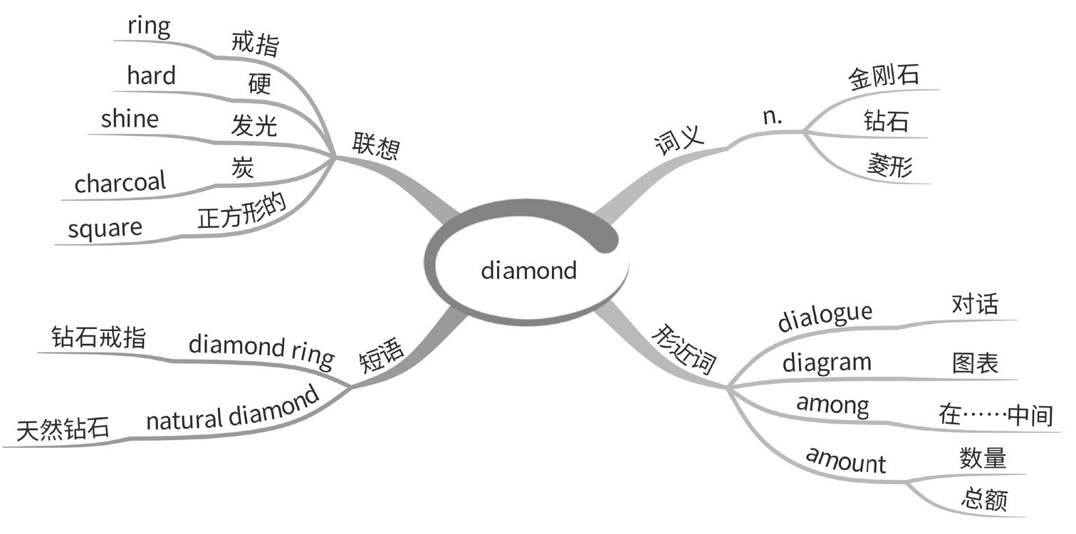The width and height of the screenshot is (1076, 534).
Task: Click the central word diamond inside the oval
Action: [x=528, y=271]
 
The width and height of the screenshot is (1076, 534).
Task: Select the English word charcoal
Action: [x=120, y=183]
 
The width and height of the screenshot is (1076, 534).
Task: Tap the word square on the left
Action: [x=105, y=229]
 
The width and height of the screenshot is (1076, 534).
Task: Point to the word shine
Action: [x=130, y=119]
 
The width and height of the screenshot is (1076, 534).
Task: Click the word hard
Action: [x=151, y=76]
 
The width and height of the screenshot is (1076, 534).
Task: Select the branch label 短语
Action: [x=382, y=357]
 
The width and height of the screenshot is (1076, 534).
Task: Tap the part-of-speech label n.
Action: [x=772, y=117]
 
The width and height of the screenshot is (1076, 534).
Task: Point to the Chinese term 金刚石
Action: [x=883, y=76]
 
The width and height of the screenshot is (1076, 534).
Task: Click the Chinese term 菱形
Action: [x=889, y=166]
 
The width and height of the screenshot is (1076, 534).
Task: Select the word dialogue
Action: [x=825, y=318]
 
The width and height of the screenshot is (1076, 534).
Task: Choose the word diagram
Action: [x=827, y=362]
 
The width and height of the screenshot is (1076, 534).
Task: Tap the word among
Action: [x=832, y=406]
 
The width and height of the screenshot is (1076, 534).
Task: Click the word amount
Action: [x=845, y=461]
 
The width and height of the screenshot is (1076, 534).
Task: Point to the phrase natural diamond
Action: [x=232, y=411]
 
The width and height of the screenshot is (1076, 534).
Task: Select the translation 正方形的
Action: [x=242, y=212]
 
